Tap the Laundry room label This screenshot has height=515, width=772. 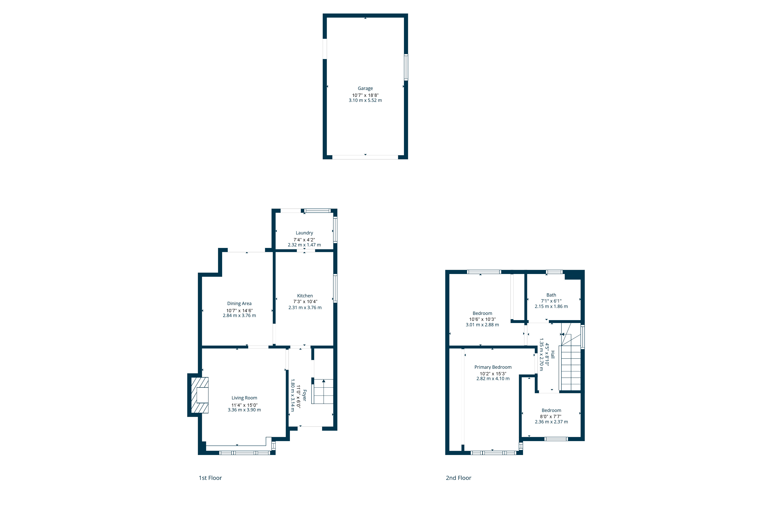[304, 233]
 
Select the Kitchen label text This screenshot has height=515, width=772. [305, 296]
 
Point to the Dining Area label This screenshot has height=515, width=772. [239, 304]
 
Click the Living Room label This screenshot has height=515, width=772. [244, 398]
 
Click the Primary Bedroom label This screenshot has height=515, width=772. [493, 367]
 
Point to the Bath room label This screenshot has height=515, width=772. [551, 295]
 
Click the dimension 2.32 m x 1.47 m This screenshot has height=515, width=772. [304, 245]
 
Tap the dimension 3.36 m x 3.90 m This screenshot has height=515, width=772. [244, 410]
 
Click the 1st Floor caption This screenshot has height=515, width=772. [210, 478]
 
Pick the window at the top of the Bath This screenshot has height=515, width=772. [554, 272]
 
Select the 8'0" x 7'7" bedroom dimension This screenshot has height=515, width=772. [551, 416]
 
